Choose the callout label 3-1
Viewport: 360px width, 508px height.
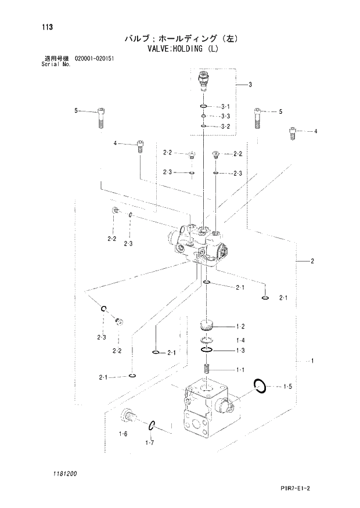pyautogui.click(x=225, y=107)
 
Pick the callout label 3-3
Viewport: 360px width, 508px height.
pyautogui.click(x=225, y=117)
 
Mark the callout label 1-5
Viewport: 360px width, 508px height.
pyautogui.click(x=287, y=385)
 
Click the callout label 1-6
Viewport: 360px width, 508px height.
pyautogui.click(x=123, y=434)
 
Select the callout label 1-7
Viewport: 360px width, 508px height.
pyautogui.click(x=149, y=443)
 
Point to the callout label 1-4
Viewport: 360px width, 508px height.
pyautogui.click(x=240, y=340)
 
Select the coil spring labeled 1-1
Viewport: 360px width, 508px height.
pyautogui.click(x=207, y=369)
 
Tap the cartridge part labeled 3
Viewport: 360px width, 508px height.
pyautogui.click(x=203, y=81)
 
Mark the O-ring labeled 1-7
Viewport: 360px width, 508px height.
pyautogui.click(x=152, y=426)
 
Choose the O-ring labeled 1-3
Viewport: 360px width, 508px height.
pyautogui.click(x=207, y=351)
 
